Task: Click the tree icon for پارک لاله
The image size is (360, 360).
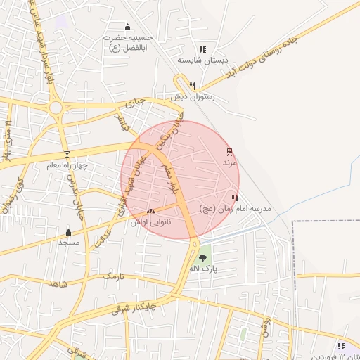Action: click(203, 258)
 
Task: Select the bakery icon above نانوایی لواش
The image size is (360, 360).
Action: click(150, 210)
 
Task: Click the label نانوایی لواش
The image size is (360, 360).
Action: click(151, 221)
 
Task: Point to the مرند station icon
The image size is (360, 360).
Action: click(230, 151)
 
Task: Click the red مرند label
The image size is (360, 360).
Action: click(231, 162)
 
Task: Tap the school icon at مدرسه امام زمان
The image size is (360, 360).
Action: click(234, 198)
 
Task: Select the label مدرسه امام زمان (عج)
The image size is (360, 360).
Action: click(234, 209)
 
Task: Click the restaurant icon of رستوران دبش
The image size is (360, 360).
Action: click(183, 85)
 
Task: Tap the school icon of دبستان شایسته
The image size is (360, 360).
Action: click(202, 49)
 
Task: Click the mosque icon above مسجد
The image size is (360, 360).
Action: click(68, 232)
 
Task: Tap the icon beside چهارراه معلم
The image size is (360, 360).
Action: click(67, 154)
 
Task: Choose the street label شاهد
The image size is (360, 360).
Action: click(56, 284)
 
